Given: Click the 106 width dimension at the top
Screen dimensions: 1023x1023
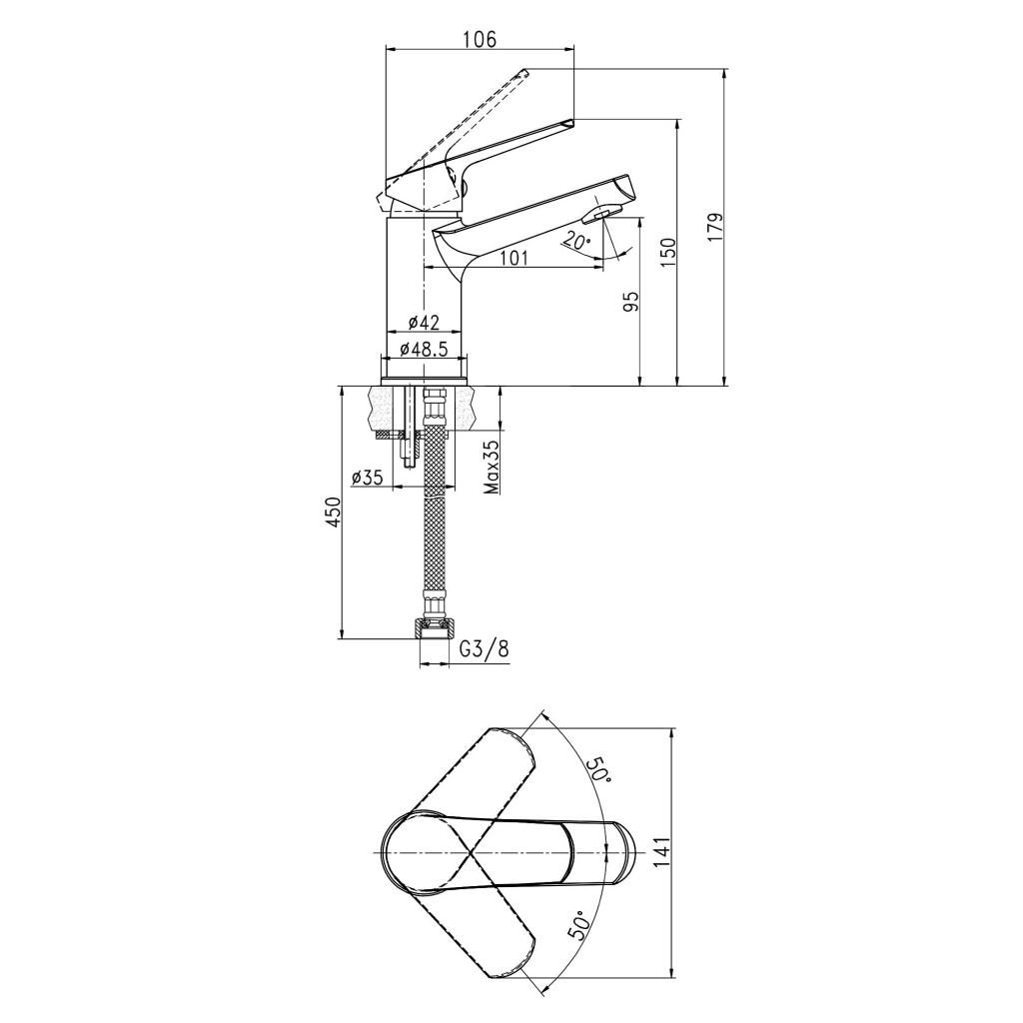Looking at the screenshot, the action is [x=480, y=39].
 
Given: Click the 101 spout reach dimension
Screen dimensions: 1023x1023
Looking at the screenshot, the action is [x=513, y=258].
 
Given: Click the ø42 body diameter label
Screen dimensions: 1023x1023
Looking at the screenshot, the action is [x=424, y=322].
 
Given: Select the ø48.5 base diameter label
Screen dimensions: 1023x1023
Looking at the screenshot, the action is [x=424, y=349].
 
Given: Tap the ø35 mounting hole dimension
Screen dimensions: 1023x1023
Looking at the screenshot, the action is [x=367, y=478].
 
